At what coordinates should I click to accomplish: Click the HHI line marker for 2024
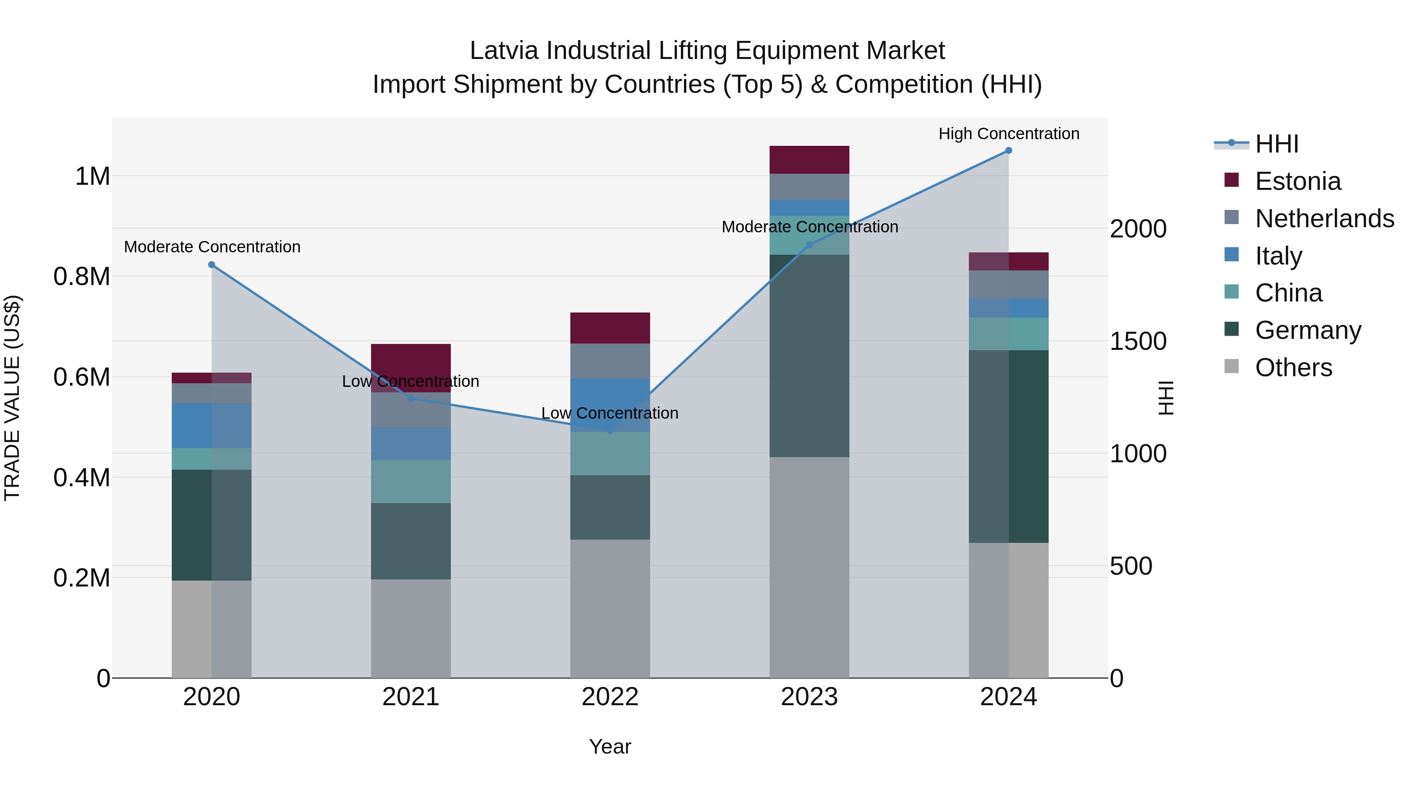coord(1009,151)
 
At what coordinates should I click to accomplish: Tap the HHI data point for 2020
coord(211,265)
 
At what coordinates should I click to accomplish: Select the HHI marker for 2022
coord(610,431)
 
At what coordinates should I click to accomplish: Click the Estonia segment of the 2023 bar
coord(809,160)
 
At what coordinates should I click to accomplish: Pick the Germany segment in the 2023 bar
coord(809,356)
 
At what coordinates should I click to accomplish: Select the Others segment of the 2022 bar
coord(610,608)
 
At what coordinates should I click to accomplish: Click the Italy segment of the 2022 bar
coord(610,404)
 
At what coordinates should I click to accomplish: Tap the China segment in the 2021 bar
coord(411,482)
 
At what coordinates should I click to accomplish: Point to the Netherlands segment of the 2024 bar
coord(1009,285)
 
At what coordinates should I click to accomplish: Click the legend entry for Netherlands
coord(1324,219)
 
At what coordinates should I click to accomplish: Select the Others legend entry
coord(1293,368)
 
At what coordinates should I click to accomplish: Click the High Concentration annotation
coord(1009,134)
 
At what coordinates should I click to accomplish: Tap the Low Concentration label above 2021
coord(410,381)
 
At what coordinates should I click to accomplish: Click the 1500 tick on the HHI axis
coord(1138,342)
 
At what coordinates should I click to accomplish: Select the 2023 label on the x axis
coord(809,697)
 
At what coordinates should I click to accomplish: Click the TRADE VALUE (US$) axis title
coord(12,398)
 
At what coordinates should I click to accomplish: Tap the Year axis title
coord(610,746)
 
